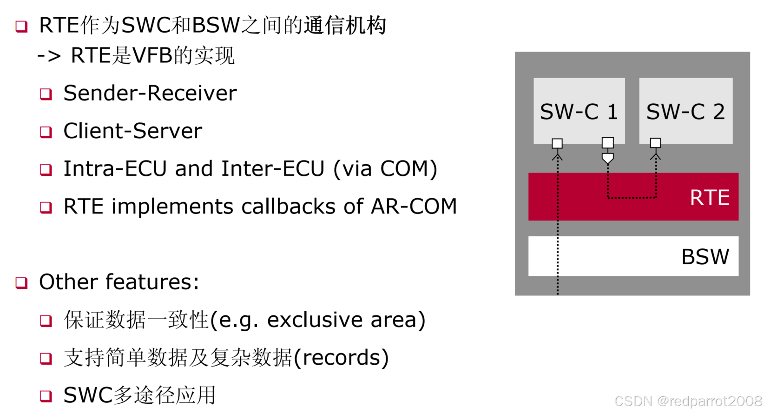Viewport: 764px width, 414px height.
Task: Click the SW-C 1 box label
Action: (579, 112)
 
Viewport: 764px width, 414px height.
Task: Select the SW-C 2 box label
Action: (685, 112)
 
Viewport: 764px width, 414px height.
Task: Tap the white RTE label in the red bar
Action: (709, 198)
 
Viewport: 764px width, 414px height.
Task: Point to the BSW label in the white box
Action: (705, 257)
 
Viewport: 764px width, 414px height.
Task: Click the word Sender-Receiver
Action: (150, 93)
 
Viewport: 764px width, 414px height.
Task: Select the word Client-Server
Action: (133, 131)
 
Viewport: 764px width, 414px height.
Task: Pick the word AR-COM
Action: (414, 207)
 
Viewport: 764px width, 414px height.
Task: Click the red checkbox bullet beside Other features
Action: (22, 283)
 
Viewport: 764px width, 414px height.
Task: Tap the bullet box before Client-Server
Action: (46, 132)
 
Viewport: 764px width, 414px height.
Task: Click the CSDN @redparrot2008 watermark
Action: (688, 401)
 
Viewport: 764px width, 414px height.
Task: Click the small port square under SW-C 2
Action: (655, 143)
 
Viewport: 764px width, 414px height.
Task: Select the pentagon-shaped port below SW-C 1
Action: (607, 158)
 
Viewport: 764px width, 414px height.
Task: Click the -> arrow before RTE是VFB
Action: (49, 56)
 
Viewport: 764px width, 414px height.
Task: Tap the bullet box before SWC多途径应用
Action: (46, 396)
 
